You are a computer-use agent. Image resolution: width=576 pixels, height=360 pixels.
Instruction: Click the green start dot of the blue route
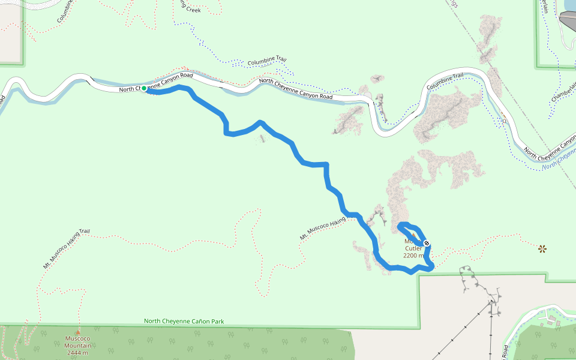(144, 88)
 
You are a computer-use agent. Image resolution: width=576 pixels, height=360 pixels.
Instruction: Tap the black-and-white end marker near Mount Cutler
(426, 243)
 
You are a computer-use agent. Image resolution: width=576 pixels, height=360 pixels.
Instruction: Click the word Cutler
(413, 248)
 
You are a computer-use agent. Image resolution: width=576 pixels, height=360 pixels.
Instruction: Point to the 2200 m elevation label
(413, 256)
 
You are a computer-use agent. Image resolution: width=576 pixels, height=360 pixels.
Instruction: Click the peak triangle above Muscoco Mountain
(77, 332)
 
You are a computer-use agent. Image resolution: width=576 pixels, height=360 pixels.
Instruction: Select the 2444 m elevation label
(79, 352)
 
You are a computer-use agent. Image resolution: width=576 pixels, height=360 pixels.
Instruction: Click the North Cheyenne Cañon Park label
(184, 322)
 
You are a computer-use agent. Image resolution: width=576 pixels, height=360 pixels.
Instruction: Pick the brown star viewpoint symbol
(542, 248)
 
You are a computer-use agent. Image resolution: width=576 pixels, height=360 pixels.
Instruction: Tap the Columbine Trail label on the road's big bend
(445, 82)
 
